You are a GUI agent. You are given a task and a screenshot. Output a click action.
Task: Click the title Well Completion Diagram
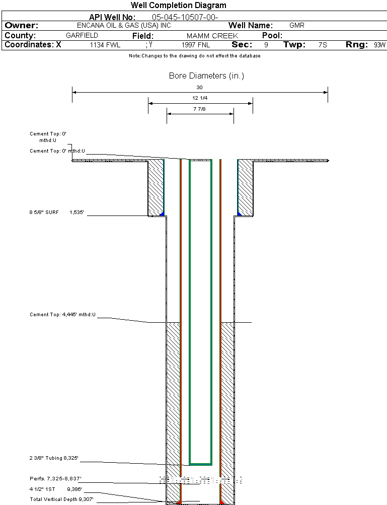point(179,6)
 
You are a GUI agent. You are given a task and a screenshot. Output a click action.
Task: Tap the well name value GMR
point(297,25)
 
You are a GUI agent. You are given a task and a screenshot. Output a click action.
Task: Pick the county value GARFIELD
point(82,36)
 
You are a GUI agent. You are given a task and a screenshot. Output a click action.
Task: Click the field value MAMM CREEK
point(212,36)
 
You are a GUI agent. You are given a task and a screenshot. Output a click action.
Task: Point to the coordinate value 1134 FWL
point(105,45)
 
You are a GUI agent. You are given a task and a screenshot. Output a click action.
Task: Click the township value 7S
point(323,45)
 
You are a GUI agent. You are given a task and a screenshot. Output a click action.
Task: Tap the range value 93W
point(379,45)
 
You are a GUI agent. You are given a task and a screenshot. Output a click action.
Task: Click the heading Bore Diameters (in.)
point(206,76)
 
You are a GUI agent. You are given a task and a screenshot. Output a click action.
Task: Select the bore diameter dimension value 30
point(199,88)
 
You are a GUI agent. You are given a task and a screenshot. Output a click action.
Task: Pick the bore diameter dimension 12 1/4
point(200,98)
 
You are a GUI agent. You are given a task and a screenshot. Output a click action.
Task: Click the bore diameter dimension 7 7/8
point(200,109)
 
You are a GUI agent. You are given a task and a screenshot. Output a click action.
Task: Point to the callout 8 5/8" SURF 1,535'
point(56,213)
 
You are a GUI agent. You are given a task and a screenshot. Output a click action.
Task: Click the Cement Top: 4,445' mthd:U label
point(62,315)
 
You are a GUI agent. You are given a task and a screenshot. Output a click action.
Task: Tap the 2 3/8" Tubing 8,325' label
point(54,458)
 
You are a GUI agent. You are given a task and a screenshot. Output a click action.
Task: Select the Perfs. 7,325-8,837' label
point(55,478)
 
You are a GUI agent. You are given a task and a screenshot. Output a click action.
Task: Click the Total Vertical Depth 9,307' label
point(61,499)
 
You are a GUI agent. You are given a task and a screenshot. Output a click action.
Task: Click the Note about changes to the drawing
point(194,56)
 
